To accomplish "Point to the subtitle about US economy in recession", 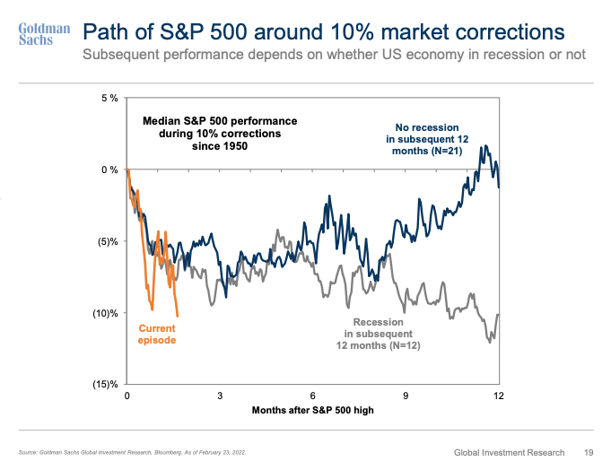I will [334, 56].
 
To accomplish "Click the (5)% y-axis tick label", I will [107, 241].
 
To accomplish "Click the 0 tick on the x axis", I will [127, 396].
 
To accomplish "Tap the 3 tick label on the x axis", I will [220, 396].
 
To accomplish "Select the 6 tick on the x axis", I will [312, 396].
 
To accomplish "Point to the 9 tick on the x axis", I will [406, 396].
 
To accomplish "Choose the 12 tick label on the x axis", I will [498, 396].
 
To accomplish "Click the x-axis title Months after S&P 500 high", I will [312, 410].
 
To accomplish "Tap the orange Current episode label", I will [157, 335].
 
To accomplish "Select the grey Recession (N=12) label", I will [379, 333].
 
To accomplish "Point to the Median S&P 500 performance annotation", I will [221, 133].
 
